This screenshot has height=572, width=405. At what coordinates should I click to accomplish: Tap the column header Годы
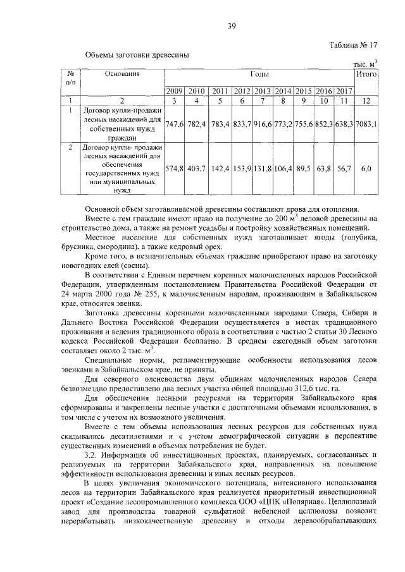pos(259,75)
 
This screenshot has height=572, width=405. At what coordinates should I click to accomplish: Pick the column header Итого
pos(366,75)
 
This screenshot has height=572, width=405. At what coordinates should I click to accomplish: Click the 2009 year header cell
pos(174,91)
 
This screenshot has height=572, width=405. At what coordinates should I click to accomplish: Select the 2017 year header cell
pos(344,91)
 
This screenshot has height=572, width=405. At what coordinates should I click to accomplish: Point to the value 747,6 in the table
pos(174,124)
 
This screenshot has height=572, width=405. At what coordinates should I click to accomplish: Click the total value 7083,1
pos(366,124)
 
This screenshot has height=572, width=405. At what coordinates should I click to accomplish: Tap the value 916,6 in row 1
pos(261,124)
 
